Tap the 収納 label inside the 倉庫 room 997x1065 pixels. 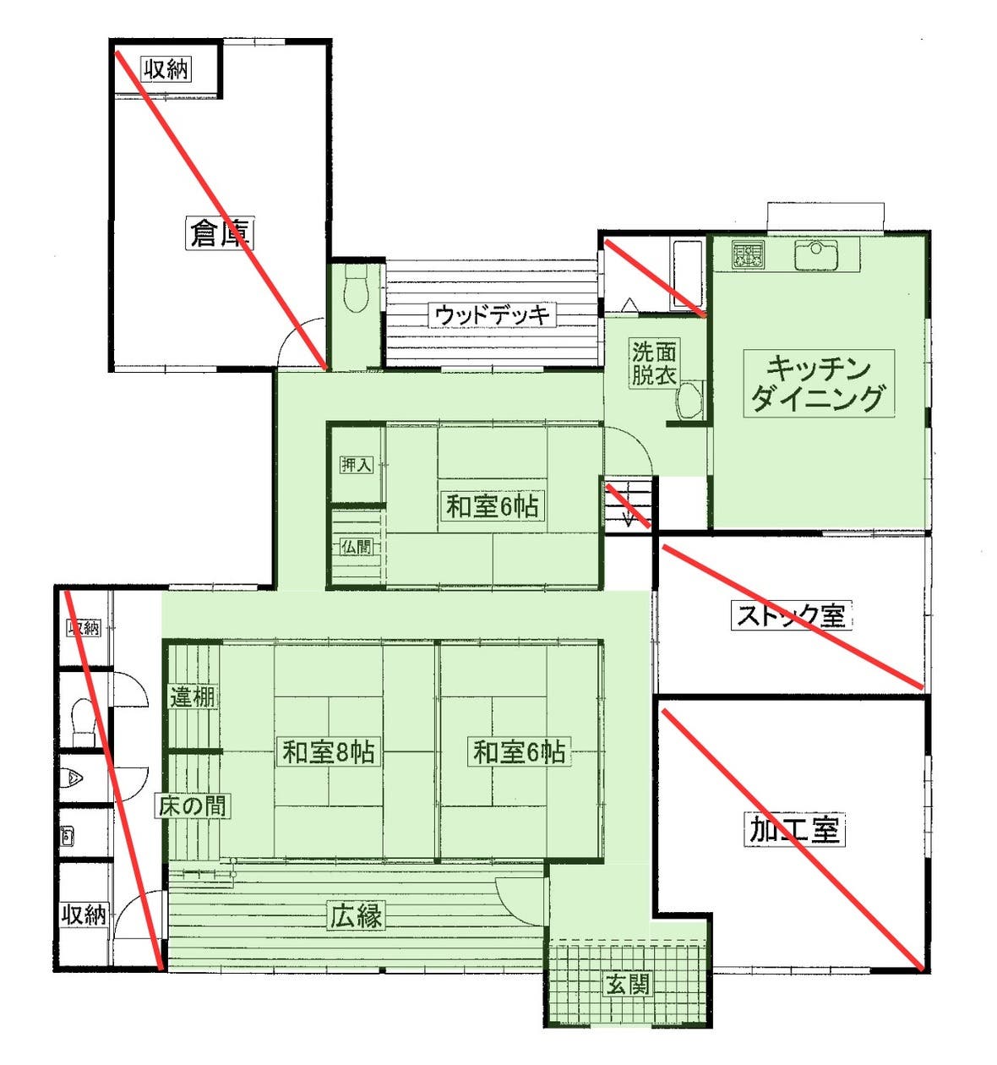(x=166, y=68)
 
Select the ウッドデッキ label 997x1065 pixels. (x=492, y=315)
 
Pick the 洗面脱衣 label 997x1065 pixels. (x=654, y=363)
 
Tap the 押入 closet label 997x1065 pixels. (x=356, y=464)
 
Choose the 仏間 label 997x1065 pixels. (x=356, y=547)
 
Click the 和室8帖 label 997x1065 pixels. (x=329, y=751)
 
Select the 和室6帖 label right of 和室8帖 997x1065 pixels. (x=519, y=751)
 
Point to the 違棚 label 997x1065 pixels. (x=193, y=697)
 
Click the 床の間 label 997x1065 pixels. (x=193, y=806)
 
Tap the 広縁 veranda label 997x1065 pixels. (x=356, y=915)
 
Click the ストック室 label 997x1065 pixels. (x=790, y=614)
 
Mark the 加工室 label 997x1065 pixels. (x=795, y=830)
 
